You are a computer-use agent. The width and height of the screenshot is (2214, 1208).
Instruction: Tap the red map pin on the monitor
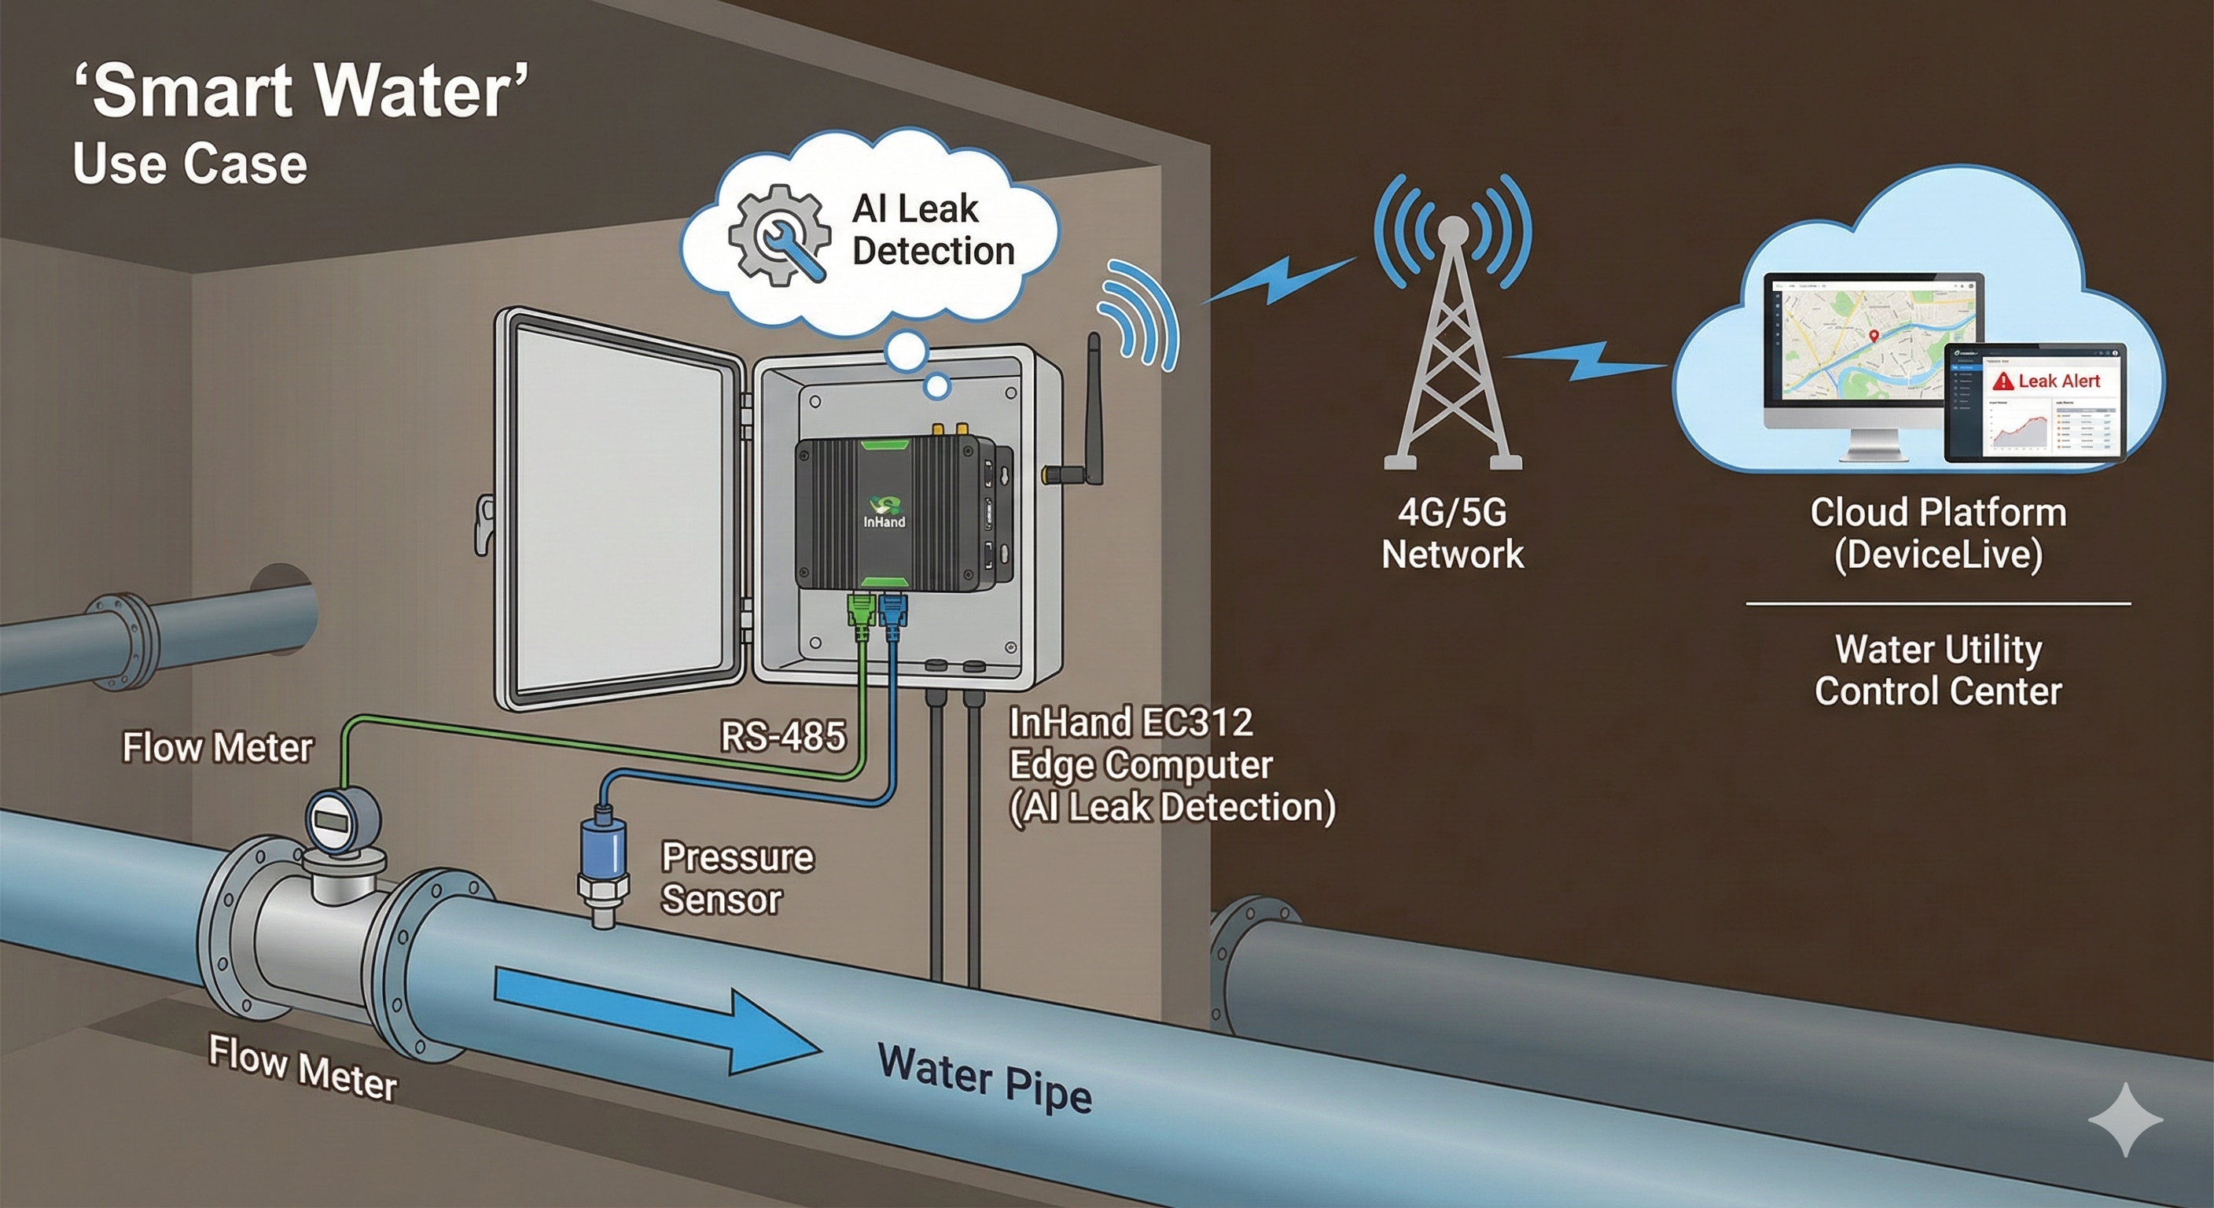pos(1874,335)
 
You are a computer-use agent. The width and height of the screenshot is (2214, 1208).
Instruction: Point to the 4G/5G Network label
pos(1452,533)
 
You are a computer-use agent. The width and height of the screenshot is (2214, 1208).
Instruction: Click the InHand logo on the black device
pos(884,510)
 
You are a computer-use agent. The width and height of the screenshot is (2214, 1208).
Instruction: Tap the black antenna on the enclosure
pos(1094,404)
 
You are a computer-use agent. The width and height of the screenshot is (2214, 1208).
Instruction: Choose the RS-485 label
pos(782,737)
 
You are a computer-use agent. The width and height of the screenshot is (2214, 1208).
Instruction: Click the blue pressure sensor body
pos(602,847)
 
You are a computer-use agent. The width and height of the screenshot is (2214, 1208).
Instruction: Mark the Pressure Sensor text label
pos(737,878)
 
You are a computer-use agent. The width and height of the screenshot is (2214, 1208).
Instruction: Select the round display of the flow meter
pos(332,820)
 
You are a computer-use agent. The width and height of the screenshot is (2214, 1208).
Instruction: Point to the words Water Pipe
pos(984,1079)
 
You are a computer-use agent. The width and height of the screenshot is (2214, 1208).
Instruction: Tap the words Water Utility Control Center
pos(1938,670)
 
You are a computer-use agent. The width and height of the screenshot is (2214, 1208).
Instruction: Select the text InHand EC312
pos(1131,722)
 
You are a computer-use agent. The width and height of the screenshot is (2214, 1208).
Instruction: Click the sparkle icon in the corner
pos(2124,1118)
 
